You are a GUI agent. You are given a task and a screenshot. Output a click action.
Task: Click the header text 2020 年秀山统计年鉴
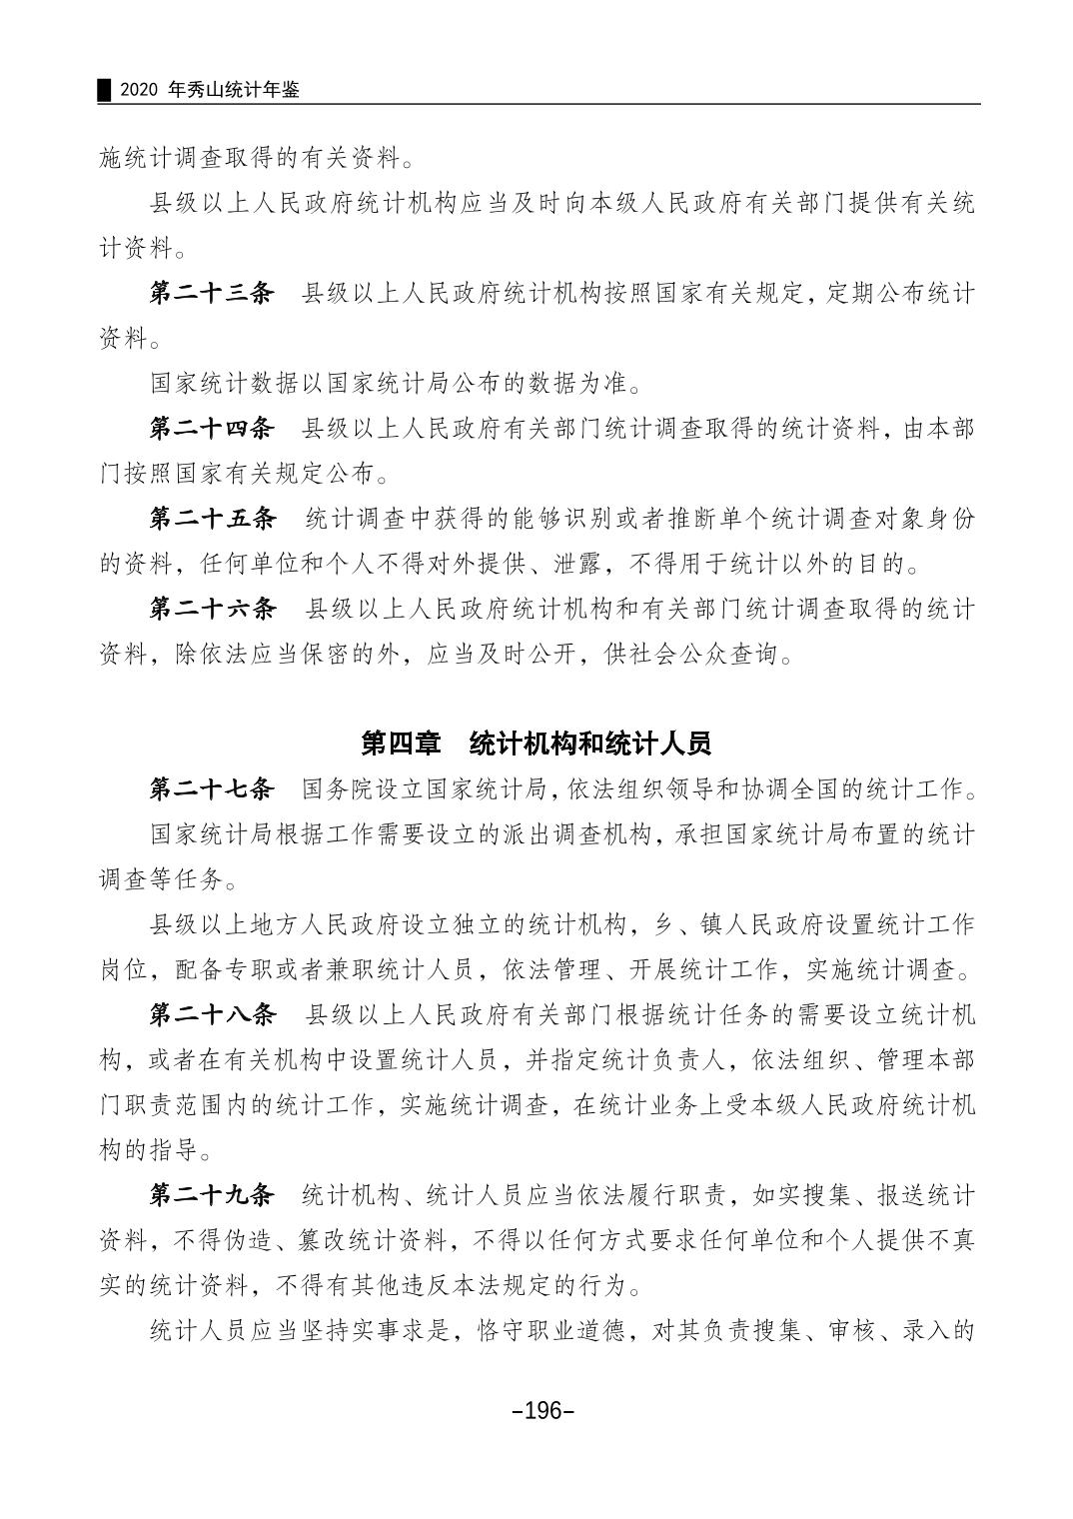[x=209, y=90]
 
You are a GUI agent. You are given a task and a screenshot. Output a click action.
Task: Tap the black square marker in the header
[x=103, y=90]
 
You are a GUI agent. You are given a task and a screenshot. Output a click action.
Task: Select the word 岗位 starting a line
[x=124, y=969]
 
